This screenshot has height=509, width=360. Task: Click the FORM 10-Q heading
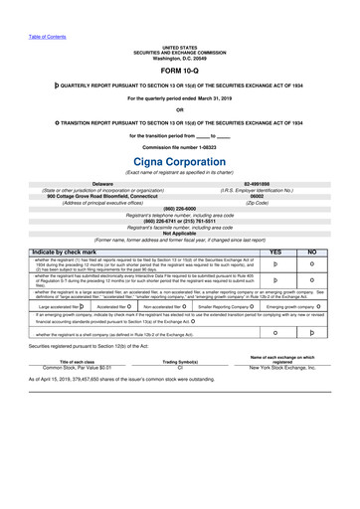(x=179, y=72)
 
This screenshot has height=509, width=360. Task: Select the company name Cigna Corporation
(x=179, y=161)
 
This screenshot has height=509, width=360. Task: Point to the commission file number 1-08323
(x=179, y=146)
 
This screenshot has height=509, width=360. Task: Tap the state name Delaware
(x=107, y=184)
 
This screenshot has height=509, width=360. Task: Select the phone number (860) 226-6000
(x=179, y=208)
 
